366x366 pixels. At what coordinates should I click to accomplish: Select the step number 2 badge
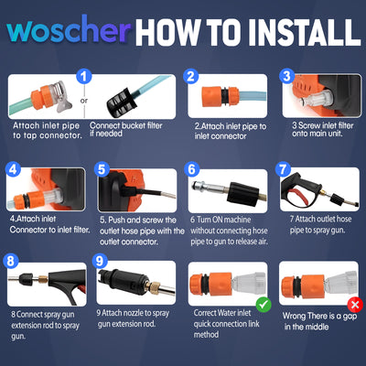(x=191, y=77)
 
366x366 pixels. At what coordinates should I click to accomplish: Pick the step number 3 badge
(x=287, y=77)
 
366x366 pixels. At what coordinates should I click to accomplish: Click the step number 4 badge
(x=13, y=170)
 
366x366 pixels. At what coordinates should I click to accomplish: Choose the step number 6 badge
(x=191, y=170)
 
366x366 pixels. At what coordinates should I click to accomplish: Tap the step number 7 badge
(x=284, y=170)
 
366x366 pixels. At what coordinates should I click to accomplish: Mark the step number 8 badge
(x=13, y=263)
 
